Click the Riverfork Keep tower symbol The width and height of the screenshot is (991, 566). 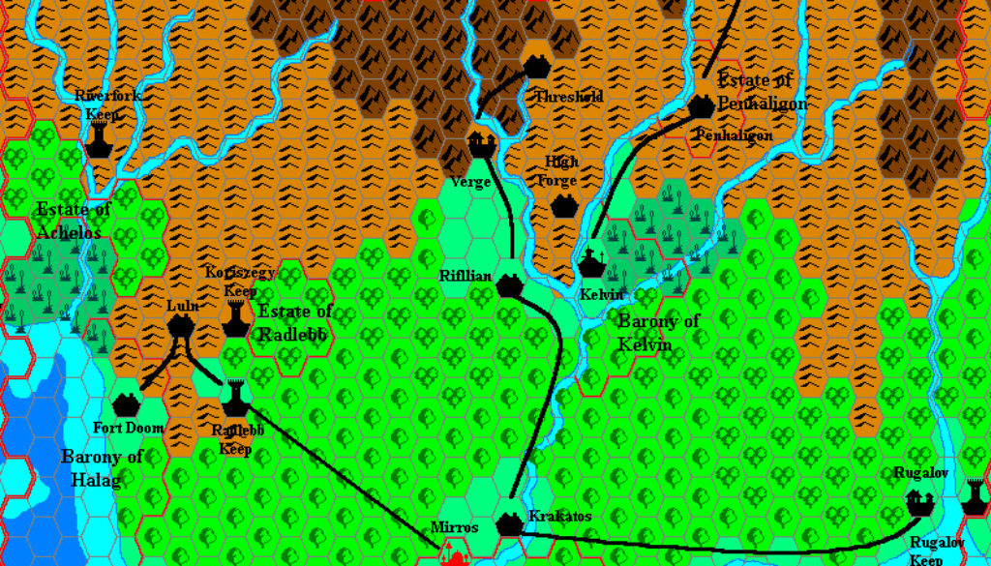click(x=97, y=144)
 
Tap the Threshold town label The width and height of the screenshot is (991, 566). click(x=569, y=97)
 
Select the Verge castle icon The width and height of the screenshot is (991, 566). click(x=481, y=145)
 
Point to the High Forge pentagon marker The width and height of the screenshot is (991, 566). click(x=563, y=205)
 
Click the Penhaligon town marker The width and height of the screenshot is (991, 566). click(x=702, y=107)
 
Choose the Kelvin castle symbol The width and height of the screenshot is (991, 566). click(x=591, y=262)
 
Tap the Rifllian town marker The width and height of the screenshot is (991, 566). click(x=509, y=284)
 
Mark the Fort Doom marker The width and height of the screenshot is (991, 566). click(x=126, y=404)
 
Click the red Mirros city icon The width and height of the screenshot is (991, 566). click(x=452, y=554)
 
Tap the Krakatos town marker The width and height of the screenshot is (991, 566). click(x=509, y=523)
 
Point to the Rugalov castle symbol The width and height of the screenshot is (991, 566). click(x=920, y=503)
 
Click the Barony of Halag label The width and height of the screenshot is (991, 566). click(x=103, y=465)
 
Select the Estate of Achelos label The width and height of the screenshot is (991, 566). click(x=74, y=220)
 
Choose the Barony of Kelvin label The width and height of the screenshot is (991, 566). click(x=659, y=333)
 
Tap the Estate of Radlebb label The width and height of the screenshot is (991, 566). click(x=295, y=322)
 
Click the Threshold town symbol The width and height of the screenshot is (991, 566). click(x=538, y=66)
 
